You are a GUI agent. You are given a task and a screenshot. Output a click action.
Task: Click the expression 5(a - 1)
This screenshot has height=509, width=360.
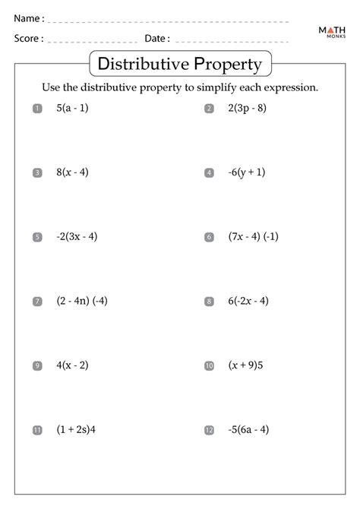pyautogui.click(x=72, y=108)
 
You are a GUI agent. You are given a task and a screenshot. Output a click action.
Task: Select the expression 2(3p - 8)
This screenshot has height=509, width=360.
pyautogui.click(x=247, y=108)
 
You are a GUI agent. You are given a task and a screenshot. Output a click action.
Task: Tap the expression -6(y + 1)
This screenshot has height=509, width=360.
pyautogui.click(x=247, y=172)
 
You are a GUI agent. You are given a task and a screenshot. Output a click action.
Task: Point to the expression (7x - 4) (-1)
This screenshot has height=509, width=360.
pyautogui.click(x=254, y=236)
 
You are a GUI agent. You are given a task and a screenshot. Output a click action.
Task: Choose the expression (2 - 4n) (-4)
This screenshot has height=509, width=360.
pyautogui.click(x=82, y=301)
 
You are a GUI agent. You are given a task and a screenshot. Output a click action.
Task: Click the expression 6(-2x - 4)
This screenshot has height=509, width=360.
pyautogui.click(x=248, y=301)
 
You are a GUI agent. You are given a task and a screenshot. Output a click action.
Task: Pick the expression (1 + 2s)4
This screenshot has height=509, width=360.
pyautogui.click(x=76, y=430)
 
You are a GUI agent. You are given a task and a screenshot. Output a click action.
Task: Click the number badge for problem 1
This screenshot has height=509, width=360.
pyautogui.click(x=37, y=109)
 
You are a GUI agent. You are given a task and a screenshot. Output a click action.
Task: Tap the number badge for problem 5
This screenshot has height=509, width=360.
pyautogui.click(x=37, y=237)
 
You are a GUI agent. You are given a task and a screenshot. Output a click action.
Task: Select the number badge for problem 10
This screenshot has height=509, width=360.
pyautogui.click(x=209, y=366)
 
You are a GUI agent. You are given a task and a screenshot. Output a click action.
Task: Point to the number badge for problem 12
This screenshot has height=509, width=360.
pyautogui.click(x=209, y=431)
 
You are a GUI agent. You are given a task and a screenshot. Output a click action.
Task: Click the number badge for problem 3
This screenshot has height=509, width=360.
pyautogui.click(x=37, y=173)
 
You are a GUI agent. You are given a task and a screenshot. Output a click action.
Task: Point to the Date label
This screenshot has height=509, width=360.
pyautogui.click(x=157, y=38)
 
